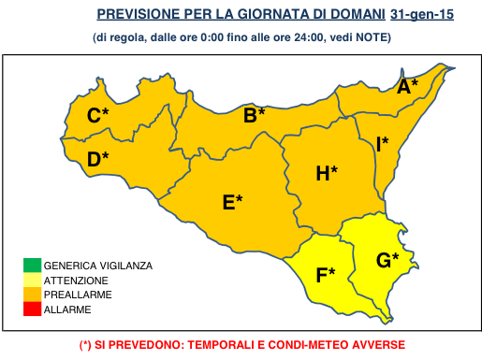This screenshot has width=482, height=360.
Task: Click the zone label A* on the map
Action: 407,87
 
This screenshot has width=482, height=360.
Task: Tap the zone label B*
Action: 254,116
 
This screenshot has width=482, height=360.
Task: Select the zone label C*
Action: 98,116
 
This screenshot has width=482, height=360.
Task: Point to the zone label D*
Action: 97,160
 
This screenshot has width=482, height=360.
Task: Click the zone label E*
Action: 232,202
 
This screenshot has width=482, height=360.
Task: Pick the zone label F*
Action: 325,275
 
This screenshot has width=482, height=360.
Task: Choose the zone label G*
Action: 387,260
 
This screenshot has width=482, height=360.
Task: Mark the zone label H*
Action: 326,173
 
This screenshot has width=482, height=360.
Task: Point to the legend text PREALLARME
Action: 78,294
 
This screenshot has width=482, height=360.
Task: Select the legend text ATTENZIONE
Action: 76,280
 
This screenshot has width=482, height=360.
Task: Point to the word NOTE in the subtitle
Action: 372,37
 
